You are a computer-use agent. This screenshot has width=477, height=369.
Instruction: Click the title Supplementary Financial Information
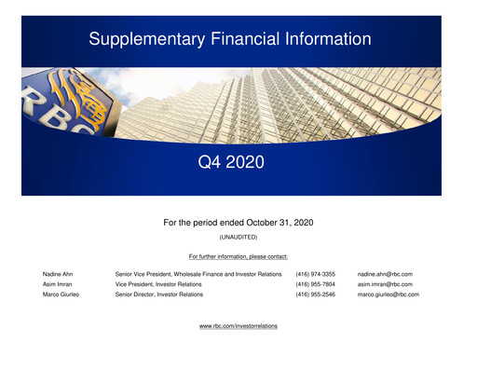point(229,39)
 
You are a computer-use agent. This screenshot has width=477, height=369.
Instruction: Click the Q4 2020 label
point(231,163)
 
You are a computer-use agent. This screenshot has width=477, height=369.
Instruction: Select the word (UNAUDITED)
point(238,238)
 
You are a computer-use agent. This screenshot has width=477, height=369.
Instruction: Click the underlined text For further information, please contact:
point(238,255)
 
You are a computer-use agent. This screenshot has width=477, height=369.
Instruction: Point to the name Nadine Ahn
point(58,274)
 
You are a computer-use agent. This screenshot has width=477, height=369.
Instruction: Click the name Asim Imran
point(57,284)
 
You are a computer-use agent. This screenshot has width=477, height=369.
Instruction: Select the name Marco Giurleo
point(61,294)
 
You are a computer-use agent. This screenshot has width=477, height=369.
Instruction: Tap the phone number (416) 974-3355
point(315,274)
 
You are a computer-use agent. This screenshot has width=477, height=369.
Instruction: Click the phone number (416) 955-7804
point(315,284)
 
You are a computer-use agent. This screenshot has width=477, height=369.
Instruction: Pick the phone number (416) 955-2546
point(315,294)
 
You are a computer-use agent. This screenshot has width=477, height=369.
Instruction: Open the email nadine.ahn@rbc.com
point(385,274)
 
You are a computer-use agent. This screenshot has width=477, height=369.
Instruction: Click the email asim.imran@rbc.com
point(385,284)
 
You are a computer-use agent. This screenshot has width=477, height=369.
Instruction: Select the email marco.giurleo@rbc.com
point(388,294)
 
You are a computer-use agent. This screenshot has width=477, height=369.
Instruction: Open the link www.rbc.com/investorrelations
point(238,326)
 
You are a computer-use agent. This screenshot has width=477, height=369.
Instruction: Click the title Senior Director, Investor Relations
point(158,294)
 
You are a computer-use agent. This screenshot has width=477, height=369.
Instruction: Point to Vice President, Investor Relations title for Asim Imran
point(158,284)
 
